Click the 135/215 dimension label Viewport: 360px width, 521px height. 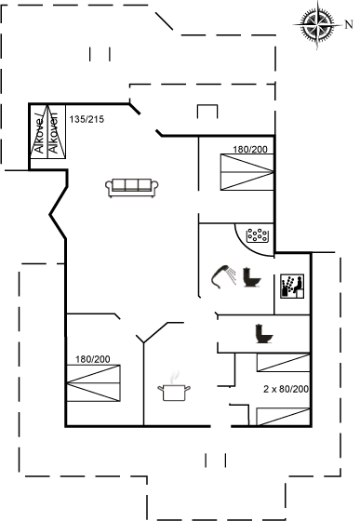point(88,119)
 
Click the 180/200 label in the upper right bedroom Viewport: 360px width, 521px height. point(249,149)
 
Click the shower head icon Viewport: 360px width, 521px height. point(222,275)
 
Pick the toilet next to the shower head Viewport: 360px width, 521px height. point(251,276)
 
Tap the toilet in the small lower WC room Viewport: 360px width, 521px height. point(262,332)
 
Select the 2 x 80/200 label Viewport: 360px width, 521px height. point(285,388)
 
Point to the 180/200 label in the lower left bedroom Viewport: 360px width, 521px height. point(93,359)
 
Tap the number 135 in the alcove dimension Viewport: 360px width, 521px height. point(78,119)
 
